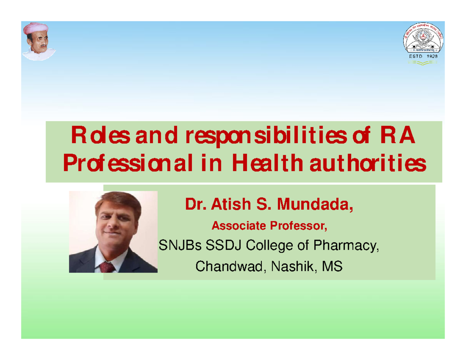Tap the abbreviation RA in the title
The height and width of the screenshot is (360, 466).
[x=399, y=138]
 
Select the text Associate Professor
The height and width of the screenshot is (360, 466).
[x=269, y=225]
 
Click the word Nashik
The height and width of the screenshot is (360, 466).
[x=288, y=267]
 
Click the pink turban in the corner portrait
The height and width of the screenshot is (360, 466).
[x=36, y=28]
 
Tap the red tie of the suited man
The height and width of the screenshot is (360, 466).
[x=108, y=267]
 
